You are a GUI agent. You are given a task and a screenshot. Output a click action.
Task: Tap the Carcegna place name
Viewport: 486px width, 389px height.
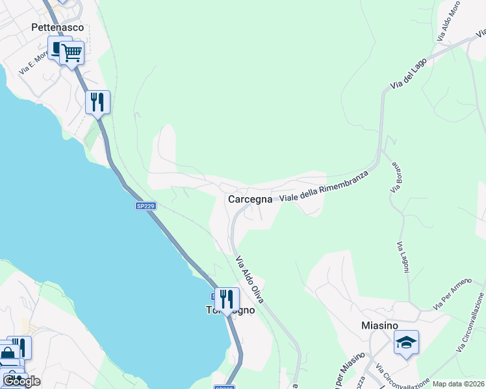click(x=250, y=200)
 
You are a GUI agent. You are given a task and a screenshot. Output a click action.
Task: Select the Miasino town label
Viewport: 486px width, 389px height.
click(x=379, y=326)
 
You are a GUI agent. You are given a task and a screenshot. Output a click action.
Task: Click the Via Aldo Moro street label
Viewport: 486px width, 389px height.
click(x=449, y=25)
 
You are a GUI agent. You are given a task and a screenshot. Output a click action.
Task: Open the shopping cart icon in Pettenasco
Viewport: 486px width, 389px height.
click(x=72, y=53)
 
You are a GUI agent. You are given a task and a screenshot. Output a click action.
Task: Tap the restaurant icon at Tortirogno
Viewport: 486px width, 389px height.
click(x=227, y=300)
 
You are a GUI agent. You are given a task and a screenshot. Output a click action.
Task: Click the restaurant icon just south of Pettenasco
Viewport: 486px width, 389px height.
click(x=97, y=102)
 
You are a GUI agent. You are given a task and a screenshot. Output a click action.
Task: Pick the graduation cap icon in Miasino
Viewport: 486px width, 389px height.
click(x=406, y=342)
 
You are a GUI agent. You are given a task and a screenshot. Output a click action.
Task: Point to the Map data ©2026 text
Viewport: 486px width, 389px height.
click(x=458, y=384)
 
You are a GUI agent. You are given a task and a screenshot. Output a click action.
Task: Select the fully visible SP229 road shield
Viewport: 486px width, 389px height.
click(x=146, y=206)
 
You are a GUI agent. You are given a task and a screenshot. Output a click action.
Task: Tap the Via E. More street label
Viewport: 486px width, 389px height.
click(x=33, y=63)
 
